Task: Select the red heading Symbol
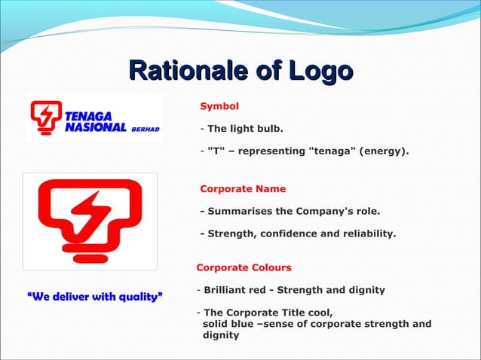click(219, 106)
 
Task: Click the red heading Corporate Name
click(243, 188)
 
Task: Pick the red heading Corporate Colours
click(244, 267)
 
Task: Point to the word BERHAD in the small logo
click(146, 129)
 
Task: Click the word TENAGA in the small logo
click(88, 117)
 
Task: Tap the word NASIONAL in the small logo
click(96, 127)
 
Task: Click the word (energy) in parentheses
click(384, 151)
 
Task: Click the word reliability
click(369, 233)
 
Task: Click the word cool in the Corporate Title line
click(318, 313)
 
